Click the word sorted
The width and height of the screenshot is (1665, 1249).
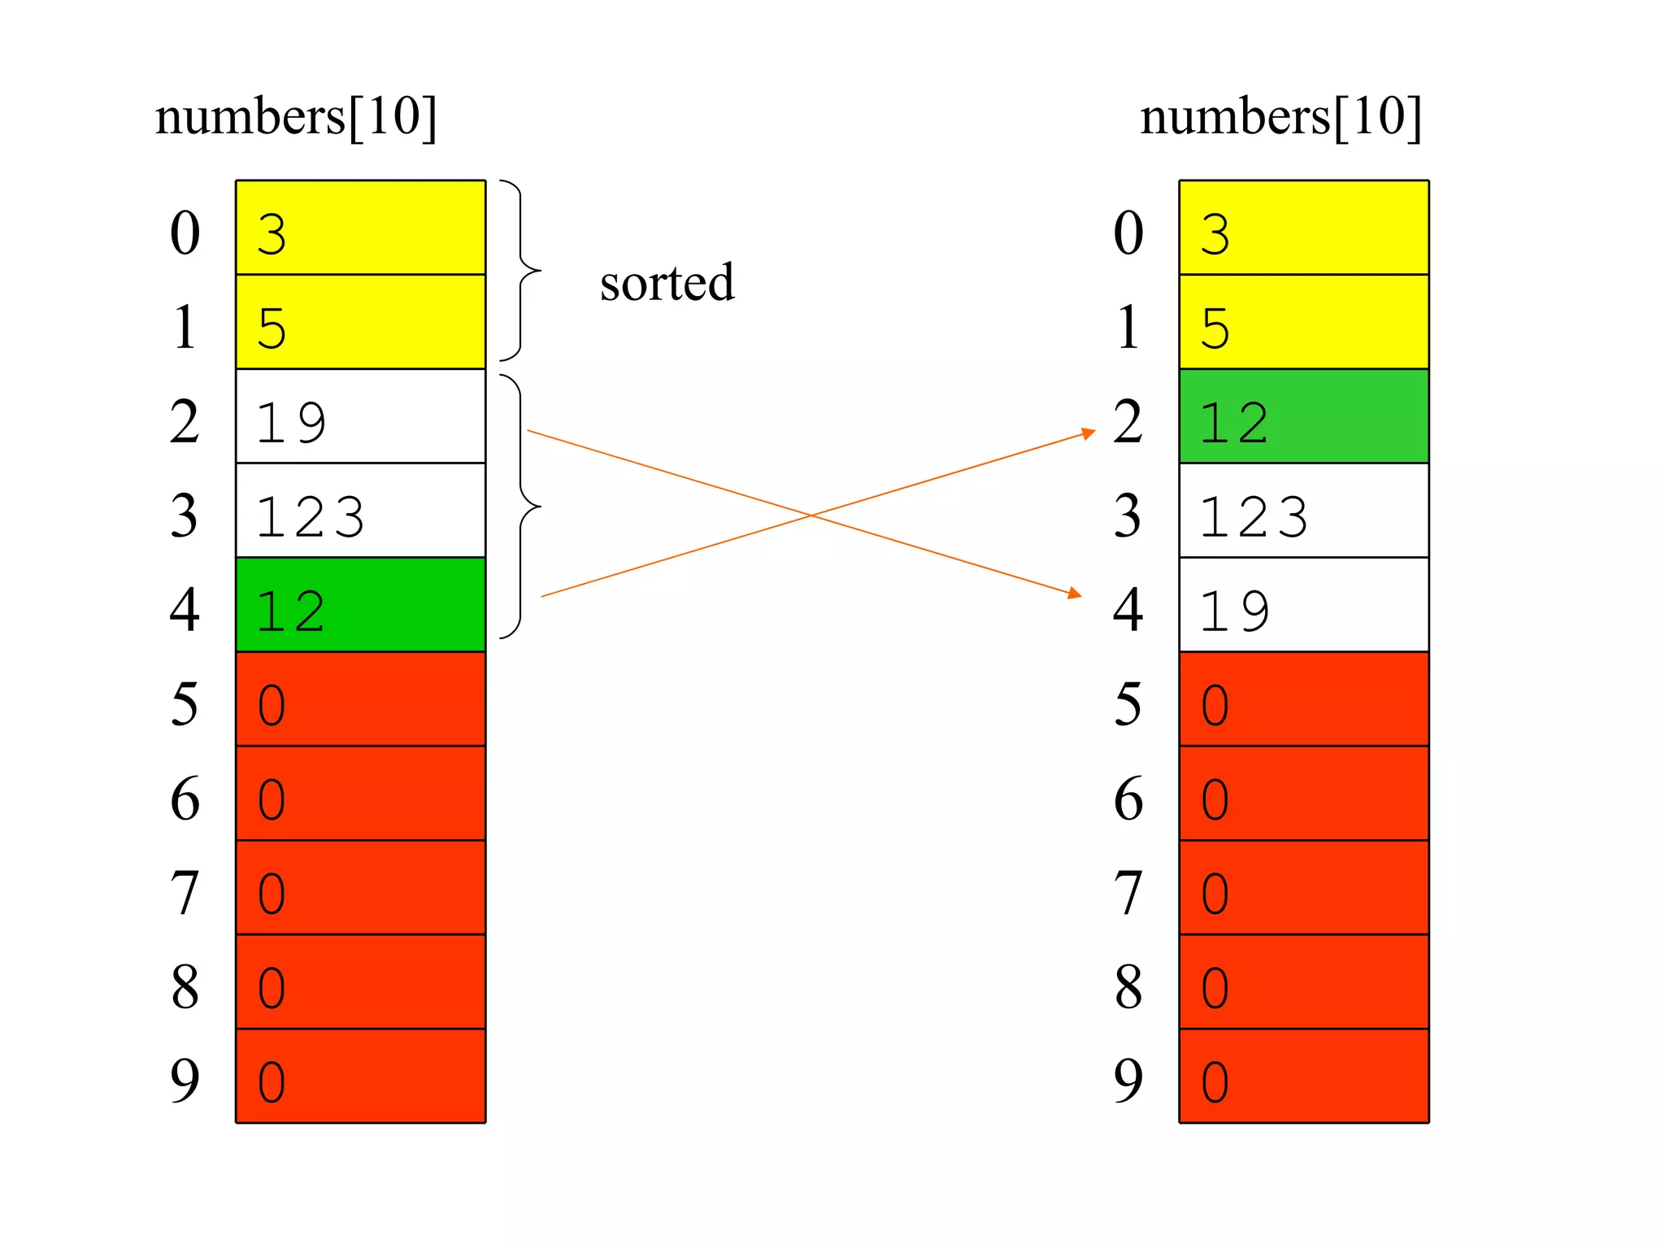[x=667, y=283]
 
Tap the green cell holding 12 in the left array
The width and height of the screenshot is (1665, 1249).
[x=360, y=605]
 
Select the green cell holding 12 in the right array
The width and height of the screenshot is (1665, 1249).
[x=1303, y=416]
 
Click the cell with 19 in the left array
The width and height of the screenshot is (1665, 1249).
[x=360, y=416]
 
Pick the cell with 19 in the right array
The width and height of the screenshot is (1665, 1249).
[x=1303, y=605]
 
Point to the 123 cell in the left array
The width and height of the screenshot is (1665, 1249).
[x=360, y=511]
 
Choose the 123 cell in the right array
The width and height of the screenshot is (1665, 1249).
[x=1303, y=511]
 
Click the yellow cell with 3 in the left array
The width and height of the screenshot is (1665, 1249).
[x=360, y=228]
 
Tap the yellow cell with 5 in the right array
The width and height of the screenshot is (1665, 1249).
[x=1303, y=322]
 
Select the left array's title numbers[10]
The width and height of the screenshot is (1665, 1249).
[x=296, y=117]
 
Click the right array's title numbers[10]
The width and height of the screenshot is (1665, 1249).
[x=1280, y=117]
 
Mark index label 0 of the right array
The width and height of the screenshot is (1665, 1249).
[x=1128, y=233]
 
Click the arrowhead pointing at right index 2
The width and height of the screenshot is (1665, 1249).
[x=1089, y=433]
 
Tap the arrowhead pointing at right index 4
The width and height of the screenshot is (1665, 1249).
[x=1075, y=594]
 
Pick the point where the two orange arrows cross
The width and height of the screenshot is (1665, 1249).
[x=811, y=515]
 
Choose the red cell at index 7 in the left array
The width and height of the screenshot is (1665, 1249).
[x=360, y=888]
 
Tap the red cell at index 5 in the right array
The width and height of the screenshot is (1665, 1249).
[x=1303, y=699]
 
